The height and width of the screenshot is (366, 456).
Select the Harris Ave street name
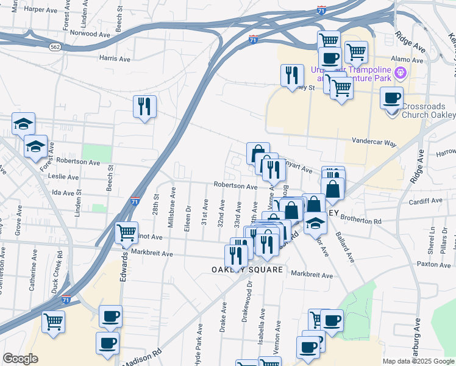point(116,59)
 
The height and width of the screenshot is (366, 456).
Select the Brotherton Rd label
point(361,220)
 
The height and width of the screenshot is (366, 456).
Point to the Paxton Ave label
point(434,264)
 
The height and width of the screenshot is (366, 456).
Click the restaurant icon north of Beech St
point(144,106)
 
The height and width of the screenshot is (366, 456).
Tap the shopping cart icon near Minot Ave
point(126,232)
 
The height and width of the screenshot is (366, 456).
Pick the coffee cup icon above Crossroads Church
point(391,98)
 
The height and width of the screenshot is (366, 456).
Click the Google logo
point(20,359)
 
